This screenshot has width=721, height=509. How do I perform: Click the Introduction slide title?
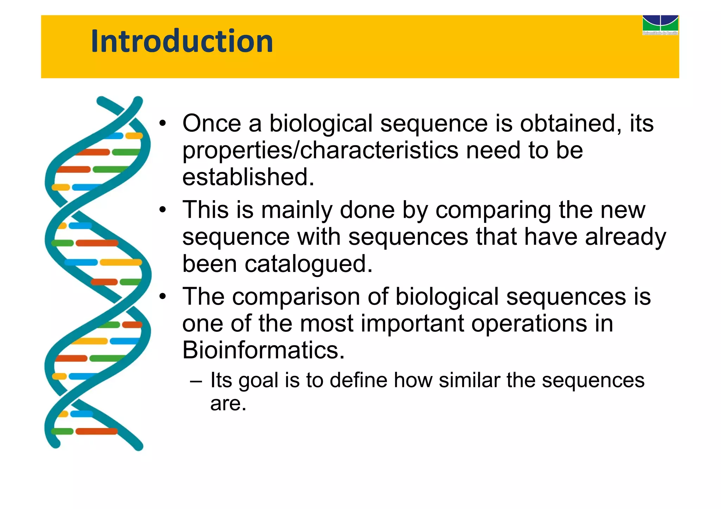pos(182,41)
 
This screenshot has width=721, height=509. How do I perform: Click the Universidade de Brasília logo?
pos(660,25)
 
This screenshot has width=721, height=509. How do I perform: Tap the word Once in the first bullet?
pos(212,123)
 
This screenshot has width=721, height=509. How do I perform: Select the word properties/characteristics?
pos(320,151)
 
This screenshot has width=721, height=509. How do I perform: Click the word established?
pos(248,177)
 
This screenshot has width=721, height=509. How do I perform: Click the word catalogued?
pos(308,264)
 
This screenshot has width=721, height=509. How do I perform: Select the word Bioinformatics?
pos(263,350)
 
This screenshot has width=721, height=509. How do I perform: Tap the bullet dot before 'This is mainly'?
pos(162,210)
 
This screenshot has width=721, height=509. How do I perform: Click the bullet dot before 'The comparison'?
pos(162,297)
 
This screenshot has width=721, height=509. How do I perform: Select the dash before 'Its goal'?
pos(196,381)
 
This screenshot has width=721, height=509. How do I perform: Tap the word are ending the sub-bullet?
pos(228,404)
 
